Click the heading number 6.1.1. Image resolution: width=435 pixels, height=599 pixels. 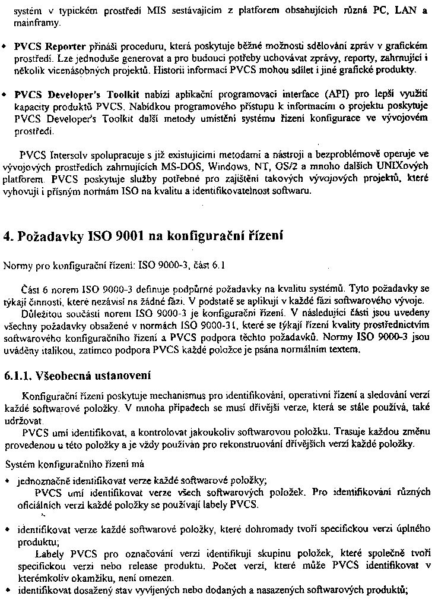[x=17, y=376]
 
